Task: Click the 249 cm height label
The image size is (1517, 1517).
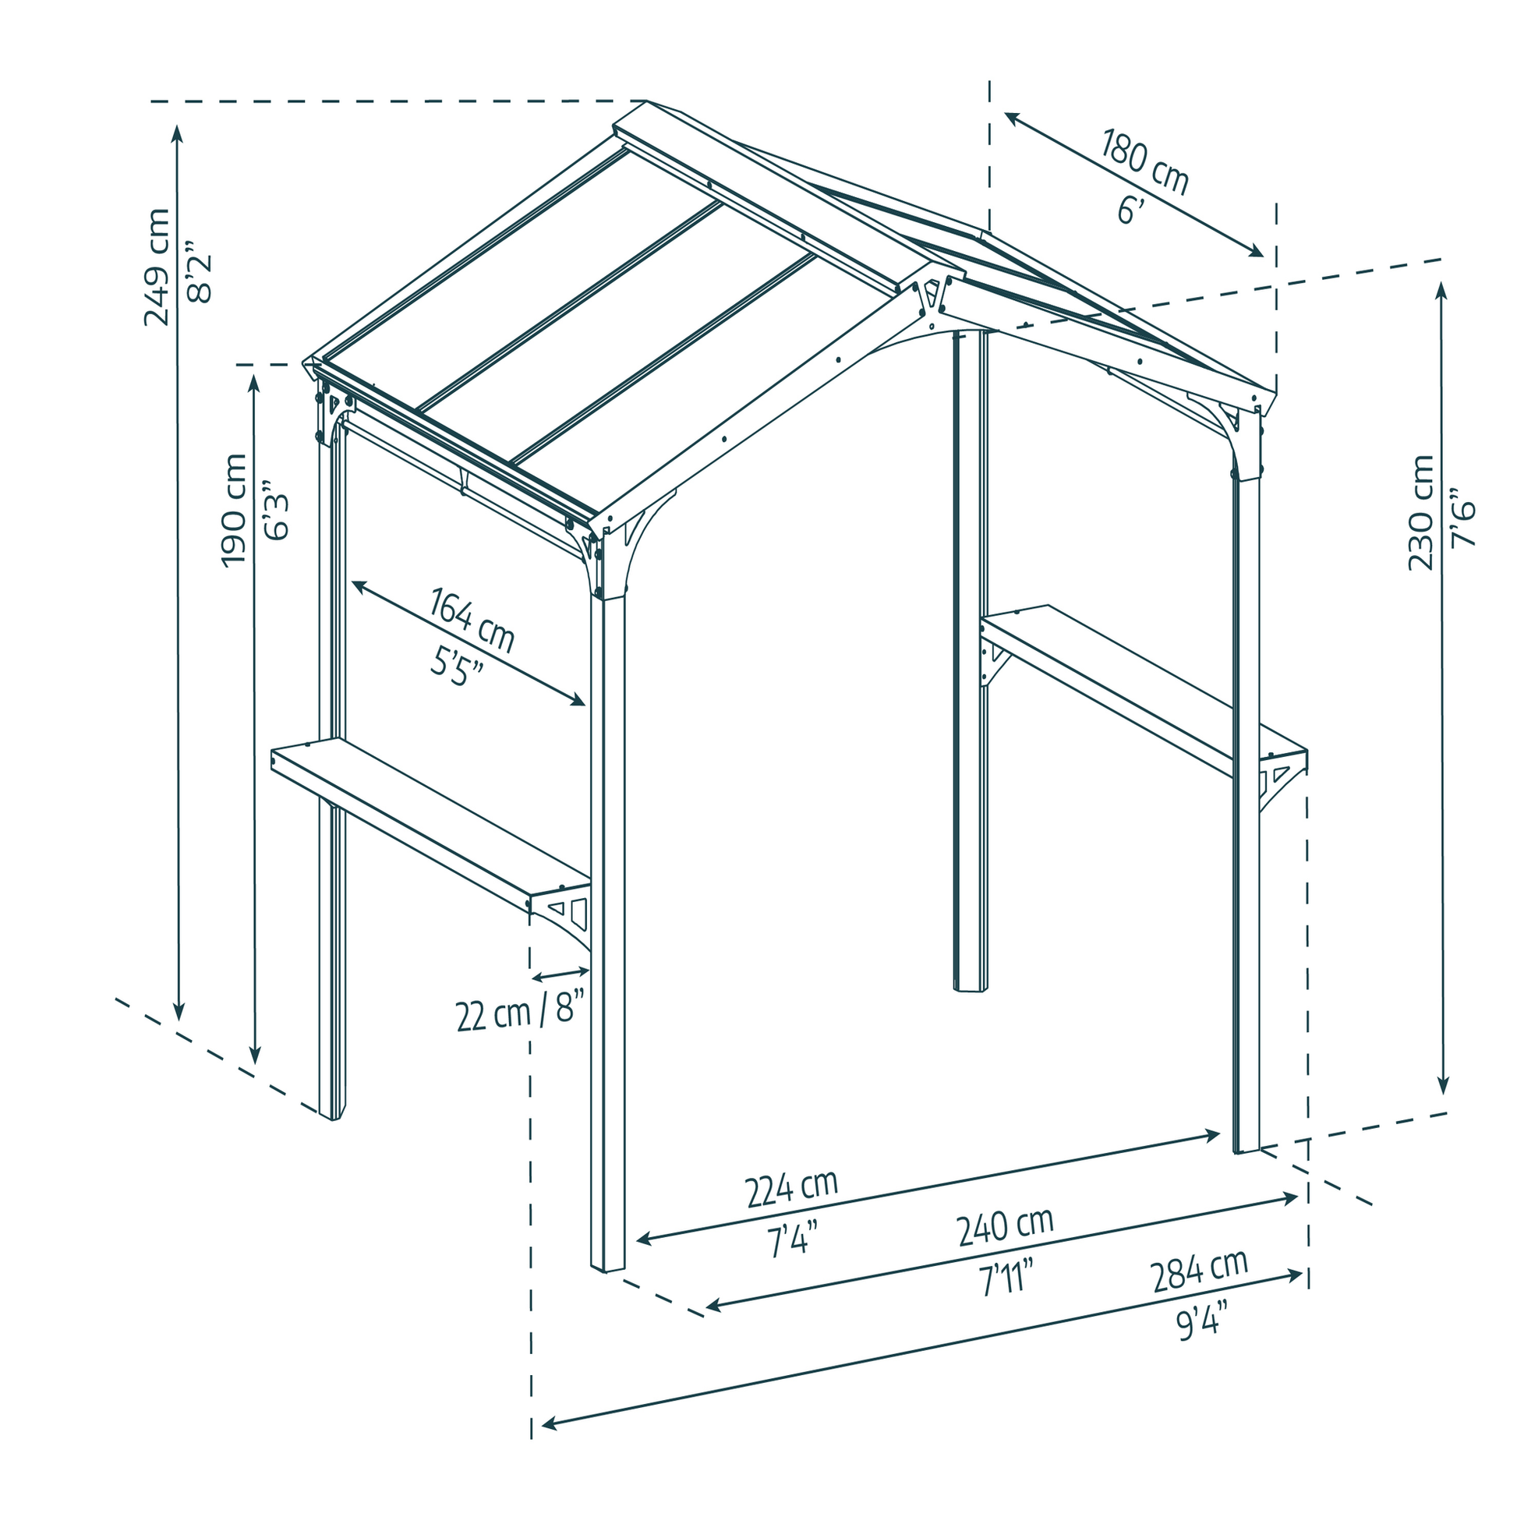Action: pos(156,267)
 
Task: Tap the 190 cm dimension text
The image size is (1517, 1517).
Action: pos(233,510)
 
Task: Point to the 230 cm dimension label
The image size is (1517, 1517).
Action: pos(1420,512)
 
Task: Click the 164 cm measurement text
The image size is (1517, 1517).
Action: pos(471,621)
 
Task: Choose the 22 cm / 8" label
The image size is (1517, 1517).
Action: pos(521,1010)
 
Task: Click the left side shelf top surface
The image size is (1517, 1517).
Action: pos(430,817)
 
